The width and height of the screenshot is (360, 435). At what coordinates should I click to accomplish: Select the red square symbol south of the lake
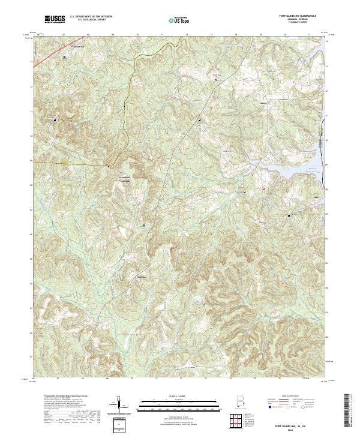tap(263, 190)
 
